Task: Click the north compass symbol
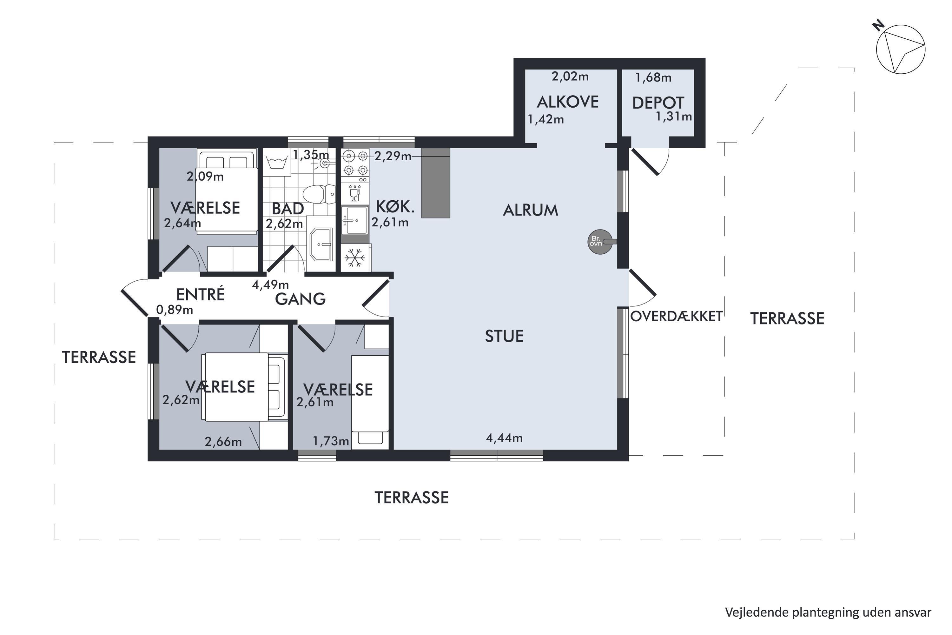coord(901,49)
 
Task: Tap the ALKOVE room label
coord(567,102)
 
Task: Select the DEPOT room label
coord(658,103)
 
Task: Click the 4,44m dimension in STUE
coord(504,438)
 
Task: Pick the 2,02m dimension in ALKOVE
coord(570,76)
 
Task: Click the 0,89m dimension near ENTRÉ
coord(175,310)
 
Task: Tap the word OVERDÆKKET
coord(676,317)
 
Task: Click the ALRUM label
coord(530,210)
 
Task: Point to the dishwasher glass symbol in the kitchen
coord(355,193)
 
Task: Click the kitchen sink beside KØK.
coord(355,220)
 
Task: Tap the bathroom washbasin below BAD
coord(321,244)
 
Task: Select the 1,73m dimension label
coord(331,441)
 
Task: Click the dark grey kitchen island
coord(435,183)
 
